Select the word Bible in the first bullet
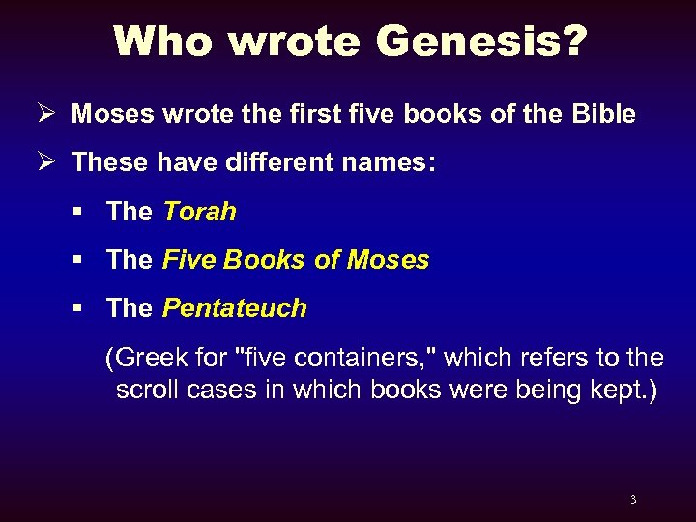602,114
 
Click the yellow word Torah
199,212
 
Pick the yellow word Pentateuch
235,308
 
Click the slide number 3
633,500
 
